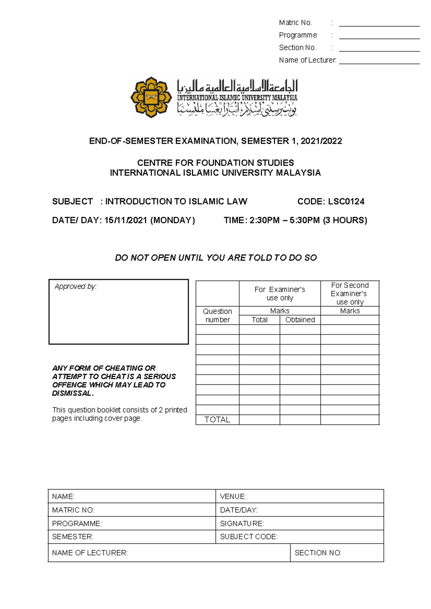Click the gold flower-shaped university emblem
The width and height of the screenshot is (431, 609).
pos(151,97)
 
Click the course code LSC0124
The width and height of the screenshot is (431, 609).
pos(346,202)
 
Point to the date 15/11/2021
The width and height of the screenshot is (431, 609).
pos(126,220)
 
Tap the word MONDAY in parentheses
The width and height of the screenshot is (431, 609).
pos(172,220)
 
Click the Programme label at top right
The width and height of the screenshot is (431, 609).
pos(298,35)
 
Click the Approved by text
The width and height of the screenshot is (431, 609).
pos(75,286)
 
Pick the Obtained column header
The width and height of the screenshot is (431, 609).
pos(300,320)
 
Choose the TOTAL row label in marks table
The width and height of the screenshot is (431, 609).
pos(217,420)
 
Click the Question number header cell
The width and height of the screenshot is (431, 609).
pos(217,315)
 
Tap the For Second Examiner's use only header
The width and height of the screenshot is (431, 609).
pos(349,294)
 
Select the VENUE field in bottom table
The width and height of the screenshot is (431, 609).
pos(233,496)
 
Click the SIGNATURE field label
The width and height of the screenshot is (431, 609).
pos(242,524)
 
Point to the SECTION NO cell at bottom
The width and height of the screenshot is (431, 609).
pos(318,553)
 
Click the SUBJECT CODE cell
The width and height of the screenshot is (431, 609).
pos(249,537)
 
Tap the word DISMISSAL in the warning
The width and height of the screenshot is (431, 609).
pos(72,393)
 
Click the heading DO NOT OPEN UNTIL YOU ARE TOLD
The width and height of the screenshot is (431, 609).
pos(215,258)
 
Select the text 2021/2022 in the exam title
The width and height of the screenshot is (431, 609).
pos(321,141)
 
